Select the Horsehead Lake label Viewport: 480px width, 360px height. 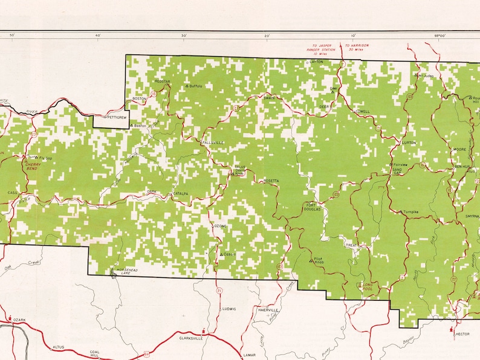[131, 271]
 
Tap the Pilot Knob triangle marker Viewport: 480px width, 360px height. [311, 261]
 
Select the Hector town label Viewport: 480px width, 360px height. [462, 333]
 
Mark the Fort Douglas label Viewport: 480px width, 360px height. [312, 207]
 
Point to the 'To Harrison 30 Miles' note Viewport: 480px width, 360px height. [357, 47]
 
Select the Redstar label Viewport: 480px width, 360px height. [162, 80]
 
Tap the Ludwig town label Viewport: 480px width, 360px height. [229, 309]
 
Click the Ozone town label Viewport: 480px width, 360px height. [220, 226]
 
